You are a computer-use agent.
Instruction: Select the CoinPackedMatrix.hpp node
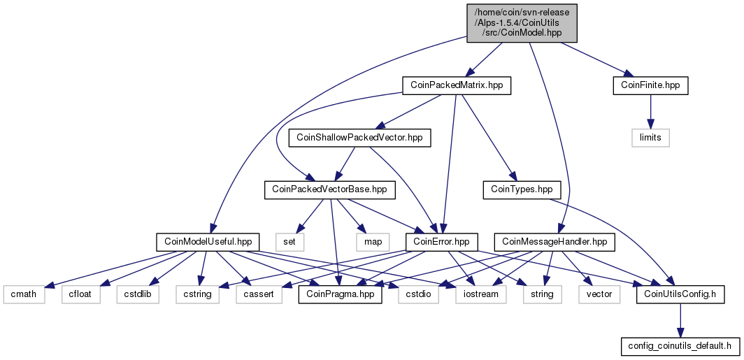pos(457,85)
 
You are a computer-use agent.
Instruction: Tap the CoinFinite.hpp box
pos(650,85)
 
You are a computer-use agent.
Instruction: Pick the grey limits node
pos(650,138)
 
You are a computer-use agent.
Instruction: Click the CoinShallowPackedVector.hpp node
pos(360,138)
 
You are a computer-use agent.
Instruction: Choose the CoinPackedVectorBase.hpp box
pos(329,189)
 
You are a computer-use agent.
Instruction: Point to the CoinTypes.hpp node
pos(522,189)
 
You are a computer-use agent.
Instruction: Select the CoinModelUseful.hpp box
pos(208,242)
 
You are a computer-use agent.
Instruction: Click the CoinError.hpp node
pos(442,242)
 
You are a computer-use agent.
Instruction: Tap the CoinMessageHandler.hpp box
pos(555,242)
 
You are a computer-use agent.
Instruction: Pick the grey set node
pos(289,242)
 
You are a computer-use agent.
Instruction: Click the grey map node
pos(373,242)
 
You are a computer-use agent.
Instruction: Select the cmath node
pos(24,294)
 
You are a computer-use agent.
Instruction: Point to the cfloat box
pos(80,294)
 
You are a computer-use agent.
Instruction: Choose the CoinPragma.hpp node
pos(341,294)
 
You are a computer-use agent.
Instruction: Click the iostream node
pos(480,294)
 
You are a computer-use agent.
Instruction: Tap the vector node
pos(599,294)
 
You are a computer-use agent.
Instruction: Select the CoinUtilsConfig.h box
pos(680,294)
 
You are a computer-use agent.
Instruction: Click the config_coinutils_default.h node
pos(680,347)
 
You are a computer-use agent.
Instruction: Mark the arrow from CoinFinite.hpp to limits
pos(650,111)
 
